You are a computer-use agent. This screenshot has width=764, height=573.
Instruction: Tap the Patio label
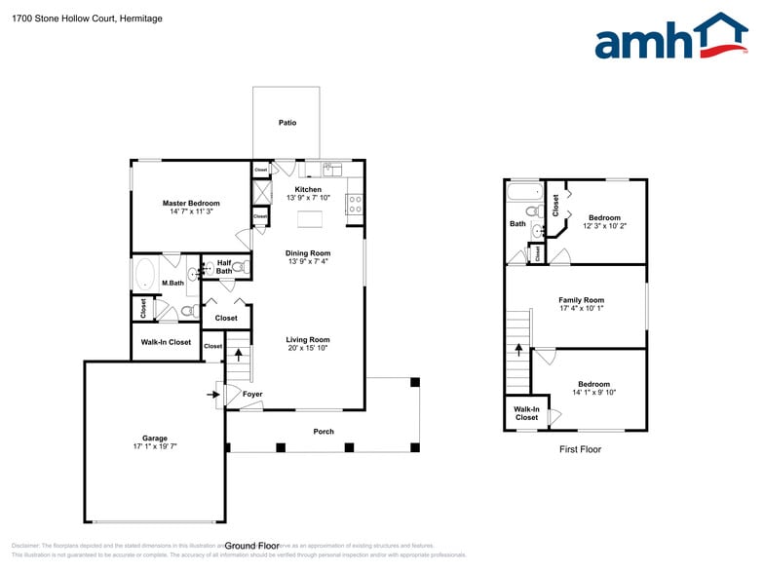(286, 123)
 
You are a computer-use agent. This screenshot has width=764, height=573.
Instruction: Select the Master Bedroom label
(191, 203)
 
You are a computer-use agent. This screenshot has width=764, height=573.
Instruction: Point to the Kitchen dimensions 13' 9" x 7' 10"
(308, 198)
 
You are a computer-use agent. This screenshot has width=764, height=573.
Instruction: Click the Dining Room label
(308, 253)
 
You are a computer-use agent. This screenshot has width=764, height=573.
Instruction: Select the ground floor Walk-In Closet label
(166, 342)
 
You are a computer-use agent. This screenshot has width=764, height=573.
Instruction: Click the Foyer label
(252, 395)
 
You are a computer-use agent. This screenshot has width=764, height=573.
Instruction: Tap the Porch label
(324, 432)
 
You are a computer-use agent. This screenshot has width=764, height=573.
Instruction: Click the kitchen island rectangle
(311, 217)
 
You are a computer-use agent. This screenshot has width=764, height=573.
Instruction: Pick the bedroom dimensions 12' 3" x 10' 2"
(604, 226)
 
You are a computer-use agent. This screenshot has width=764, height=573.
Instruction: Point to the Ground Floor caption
(250, 546)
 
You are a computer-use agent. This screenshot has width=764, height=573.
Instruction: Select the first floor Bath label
(517, 223)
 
